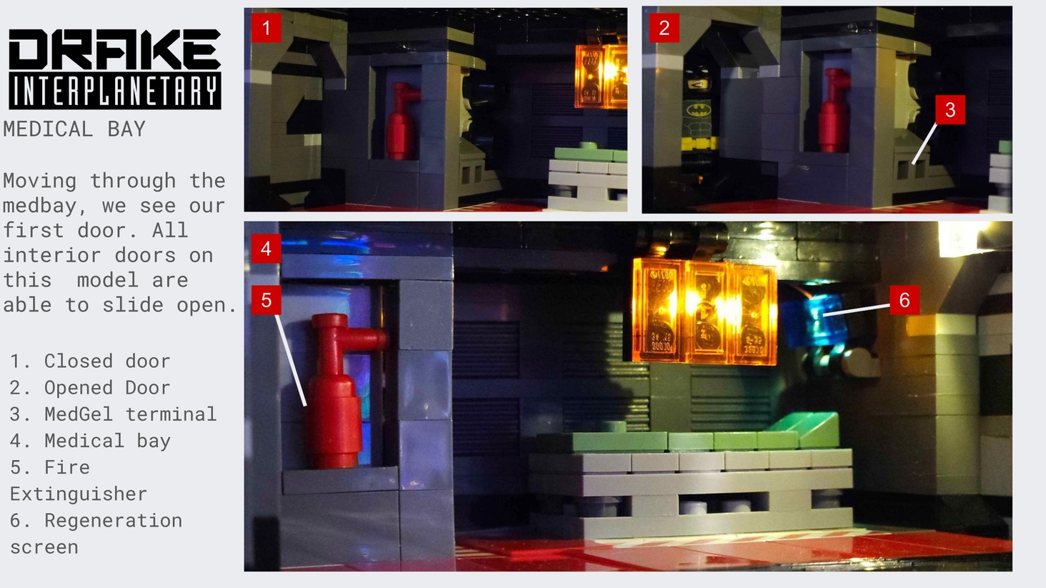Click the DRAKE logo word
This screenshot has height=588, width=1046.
click(x=114, y=49)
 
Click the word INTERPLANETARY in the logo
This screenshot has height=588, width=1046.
click(x=114, y=91)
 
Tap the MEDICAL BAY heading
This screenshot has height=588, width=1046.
click(x=74, y=129)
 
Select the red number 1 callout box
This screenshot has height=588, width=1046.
click(x=267, y=28)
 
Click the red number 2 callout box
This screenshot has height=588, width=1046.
click(x=664, y=28)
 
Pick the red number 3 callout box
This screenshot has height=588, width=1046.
click(x=950, y=110)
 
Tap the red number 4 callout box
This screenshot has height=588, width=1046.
click(x=267, y=249)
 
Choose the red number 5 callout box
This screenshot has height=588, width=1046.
click(x=267, y=300)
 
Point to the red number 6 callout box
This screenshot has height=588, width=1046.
click(x=905, y=300)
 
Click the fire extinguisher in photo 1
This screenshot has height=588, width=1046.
click(x=402, y=121)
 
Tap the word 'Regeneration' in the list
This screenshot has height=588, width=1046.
click(x=113, y=521)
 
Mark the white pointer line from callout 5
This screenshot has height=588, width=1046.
click(x=291, y=360)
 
